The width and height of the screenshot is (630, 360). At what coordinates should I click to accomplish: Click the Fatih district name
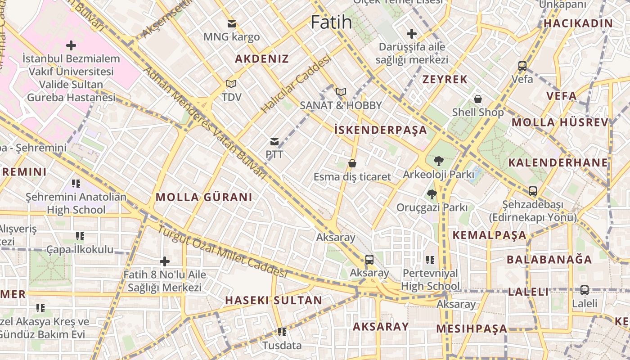point(331,22)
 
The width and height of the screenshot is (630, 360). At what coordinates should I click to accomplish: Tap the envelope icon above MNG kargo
point(232,24)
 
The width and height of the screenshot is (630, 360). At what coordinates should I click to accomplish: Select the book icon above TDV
point(231,84)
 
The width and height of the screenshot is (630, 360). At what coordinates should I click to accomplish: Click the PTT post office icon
point(274,142)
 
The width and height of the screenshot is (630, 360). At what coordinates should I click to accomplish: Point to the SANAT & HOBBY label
point(341,105)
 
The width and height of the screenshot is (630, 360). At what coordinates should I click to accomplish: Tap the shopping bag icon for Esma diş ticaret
point(352,163)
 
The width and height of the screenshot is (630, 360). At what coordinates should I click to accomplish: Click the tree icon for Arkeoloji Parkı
point(438,161)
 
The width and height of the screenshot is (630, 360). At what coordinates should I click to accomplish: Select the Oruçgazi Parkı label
point(432,207)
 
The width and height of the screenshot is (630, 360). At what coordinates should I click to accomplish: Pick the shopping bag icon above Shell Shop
point(477,99)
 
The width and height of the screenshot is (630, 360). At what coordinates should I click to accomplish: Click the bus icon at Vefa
point(522,66)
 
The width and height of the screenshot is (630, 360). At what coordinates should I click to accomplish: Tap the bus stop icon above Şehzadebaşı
point(533,191)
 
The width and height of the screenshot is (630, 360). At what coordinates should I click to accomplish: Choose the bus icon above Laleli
point(585,290)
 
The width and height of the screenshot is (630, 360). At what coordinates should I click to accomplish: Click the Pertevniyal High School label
point(430,279)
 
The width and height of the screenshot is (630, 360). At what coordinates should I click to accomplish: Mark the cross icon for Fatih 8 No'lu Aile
point(165,261)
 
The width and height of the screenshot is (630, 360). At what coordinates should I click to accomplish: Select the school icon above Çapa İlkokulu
point(80,236)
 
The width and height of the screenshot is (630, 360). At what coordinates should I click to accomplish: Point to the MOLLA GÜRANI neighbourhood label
point(204,197)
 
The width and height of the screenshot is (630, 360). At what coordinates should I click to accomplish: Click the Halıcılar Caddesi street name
point(296,84)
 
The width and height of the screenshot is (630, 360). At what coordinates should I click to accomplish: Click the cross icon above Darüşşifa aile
point(411,34)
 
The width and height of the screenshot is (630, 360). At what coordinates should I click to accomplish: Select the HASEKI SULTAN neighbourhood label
point(274,300)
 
